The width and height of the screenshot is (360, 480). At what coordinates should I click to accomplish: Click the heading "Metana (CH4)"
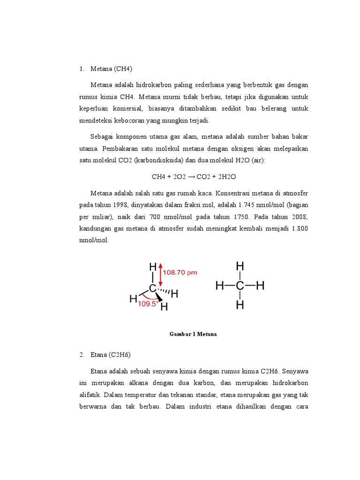(112, 69)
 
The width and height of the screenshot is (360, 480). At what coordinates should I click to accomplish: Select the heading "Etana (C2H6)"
(111, 355)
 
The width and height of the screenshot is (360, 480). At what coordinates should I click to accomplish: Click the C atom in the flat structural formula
(240, 285)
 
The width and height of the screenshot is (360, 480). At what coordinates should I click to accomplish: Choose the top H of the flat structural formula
(240, 266)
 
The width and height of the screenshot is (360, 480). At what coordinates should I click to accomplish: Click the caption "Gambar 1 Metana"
(193, 334)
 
